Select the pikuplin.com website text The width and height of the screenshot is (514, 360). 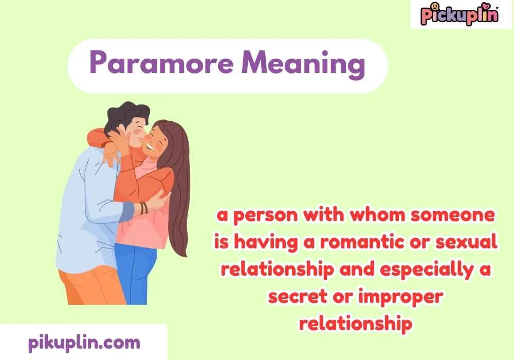coord(83,341)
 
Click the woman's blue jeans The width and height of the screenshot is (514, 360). coord(135,273)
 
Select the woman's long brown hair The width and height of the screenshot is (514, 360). coord(177,195)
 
